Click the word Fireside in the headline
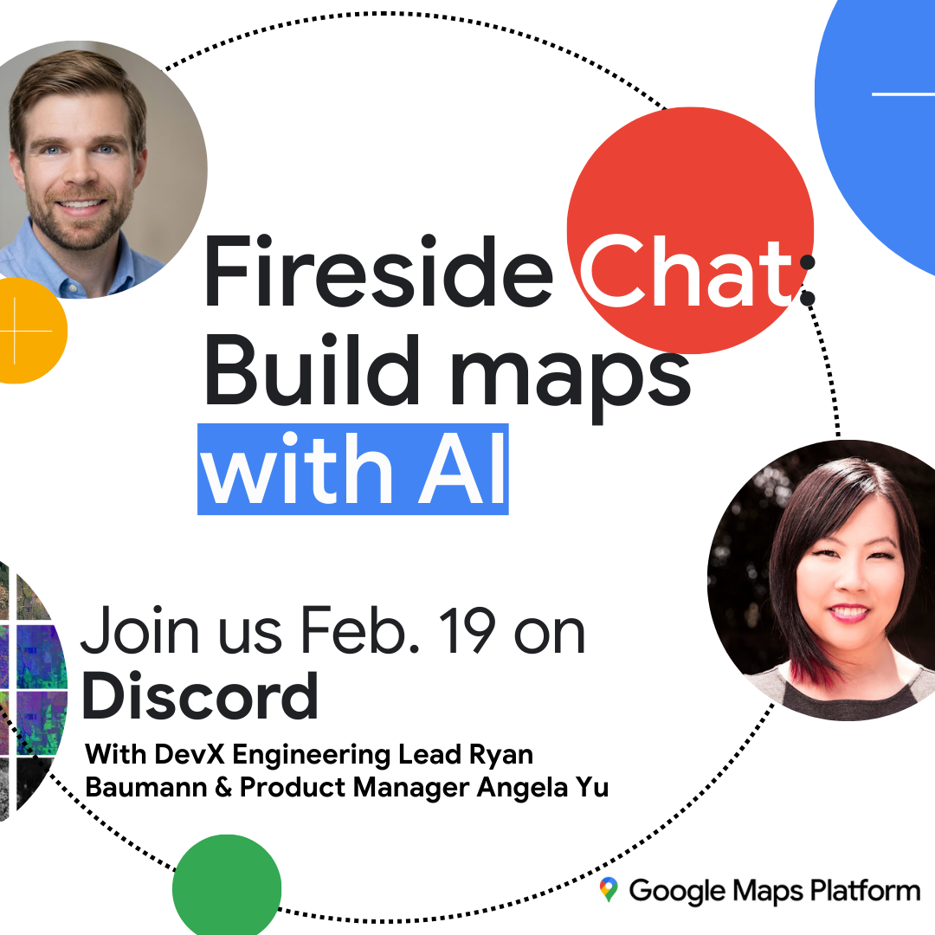click(x=378, y=271)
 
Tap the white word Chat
click(x=687, y=271)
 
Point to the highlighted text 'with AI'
click(x=353, y=469)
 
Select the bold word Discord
click(x=200, y=696)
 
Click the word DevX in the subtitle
click(x=189, y=754)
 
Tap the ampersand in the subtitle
click(x=223, y=788)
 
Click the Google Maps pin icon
click(x=609, y=889)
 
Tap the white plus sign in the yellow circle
click(x=16, y=331)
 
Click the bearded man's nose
click(x=80, y=173)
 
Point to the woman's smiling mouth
click(x=849, y=613)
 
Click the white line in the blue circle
click(x=903, y=94)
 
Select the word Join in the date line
click(x=140, y=629)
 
